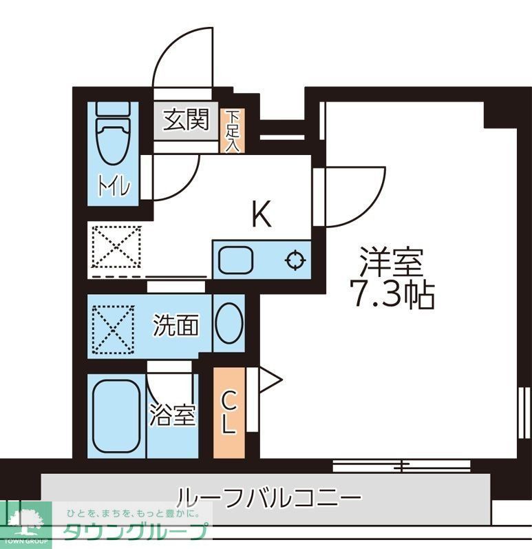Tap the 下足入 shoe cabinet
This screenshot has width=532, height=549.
point(233,130)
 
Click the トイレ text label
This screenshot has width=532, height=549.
point(114,187)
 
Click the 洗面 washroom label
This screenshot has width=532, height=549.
point(175,325)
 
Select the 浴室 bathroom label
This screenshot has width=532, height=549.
point(173,415)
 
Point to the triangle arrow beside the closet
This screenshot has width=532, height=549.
point(269,378)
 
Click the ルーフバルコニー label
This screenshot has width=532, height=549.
point(268,495)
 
